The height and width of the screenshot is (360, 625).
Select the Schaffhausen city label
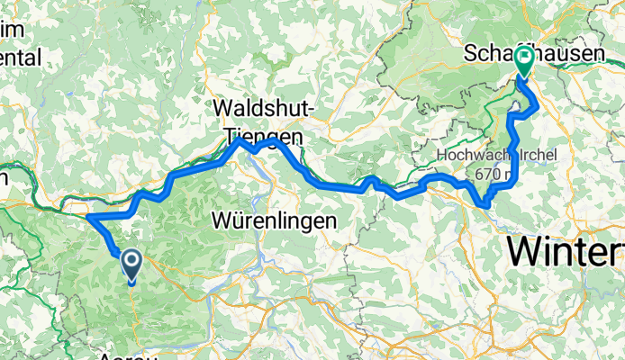point(531,54)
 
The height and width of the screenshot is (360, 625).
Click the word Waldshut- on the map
point(263,108)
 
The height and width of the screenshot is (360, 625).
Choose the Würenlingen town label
point(274,220)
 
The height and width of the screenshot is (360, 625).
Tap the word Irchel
point(533,155)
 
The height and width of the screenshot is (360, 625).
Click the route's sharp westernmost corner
point(88,216)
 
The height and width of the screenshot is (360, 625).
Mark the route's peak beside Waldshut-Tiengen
point(239,140)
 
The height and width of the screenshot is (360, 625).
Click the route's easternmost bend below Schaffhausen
point(539,107)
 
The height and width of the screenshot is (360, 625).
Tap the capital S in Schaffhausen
point(472,54)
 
